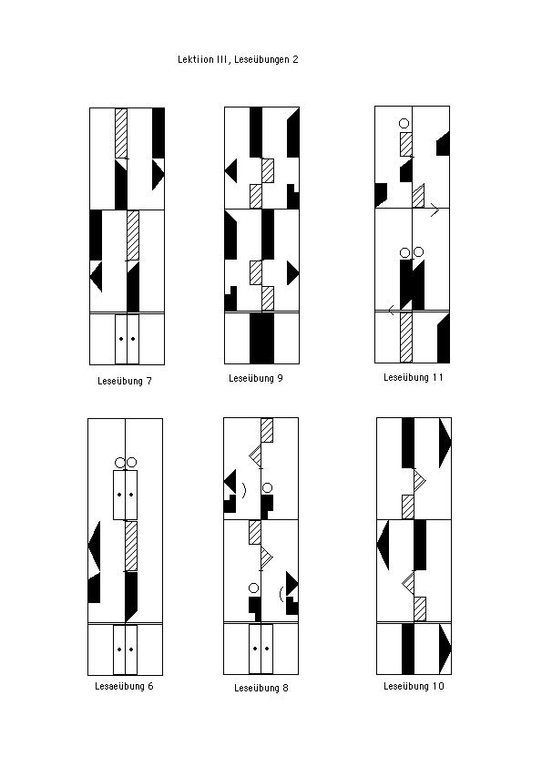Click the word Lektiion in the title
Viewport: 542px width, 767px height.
point(196,60)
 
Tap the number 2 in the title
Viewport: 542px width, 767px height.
point(295,60)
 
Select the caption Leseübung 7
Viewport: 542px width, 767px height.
point(125,381)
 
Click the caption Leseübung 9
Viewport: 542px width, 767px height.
point(256,379)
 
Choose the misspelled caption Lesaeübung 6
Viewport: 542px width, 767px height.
point(124,686)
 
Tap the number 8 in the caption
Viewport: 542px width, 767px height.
point(285,689)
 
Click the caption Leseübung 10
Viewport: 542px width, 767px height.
point(414,686)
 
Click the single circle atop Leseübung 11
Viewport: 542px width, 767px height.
point(404,123)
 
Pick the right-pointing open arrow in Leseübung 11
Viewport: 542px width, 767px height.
point(435,210)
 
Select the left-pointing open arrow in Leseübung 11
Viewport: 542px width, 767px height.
point(392,310)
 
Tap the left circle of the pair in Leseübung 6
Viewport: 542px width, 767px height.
point(120,462)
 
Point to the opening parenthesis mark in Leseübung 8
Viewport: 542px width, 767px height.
point(281,594)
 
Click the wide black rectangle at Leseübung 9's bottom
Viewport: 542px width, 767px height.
point(261,338)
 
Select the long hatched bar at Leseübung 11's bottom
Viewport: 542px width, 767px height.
point(406,337)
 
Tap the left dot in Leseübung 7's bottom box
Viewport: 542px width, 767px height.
point(121,339)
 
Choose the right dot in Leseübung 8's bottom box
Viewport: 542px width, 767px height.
point(267,649)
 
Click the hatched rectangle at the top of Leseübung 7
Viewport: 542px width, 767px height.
point(121,133)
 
